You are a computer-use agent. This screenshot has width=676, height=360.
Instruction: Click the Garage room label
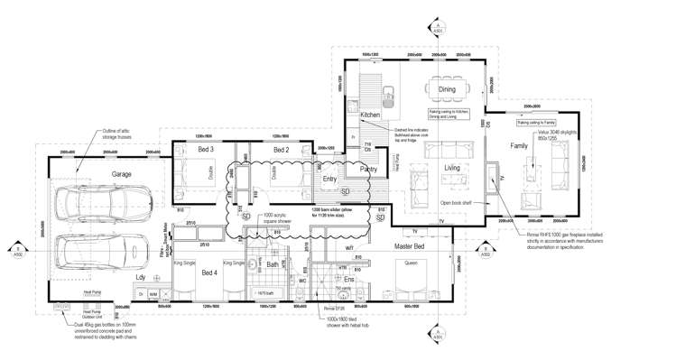tap(122, 174)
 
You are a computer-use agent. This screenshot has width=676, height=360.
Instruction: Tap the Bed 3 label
tap(206, 149)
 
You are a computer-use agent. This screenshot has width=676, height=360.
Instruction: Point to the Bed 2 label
tap(281, 149)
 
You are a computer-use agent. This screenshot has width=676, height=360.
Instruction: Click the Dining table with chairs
tap(448, 90)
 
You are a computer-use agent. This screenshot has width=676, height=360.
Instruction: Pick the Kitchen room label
tap(371, 115)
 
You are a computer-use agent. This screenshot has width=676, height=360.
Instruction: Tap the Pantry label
tap(368, 169)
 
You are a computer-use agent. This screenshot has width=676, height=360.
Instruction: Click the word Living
tap(452, 168)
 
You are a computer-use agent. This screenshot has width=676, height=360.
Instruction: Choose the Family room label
tap(519, 145)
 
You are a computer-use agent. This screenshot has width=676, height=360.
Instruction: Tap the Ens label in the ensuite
tap(349, 280)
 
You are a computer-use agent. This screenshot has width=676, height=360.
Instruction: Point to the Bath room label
tap(272, 264)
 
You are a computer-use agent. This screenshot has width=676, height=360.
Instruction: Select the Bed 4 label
tap(209, 272)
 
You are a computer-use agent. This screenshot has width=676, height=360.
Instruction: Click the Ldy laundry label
tap(140, 277)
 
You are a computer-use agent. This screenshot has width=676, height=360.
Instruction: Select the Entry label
tap(329, 179)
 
